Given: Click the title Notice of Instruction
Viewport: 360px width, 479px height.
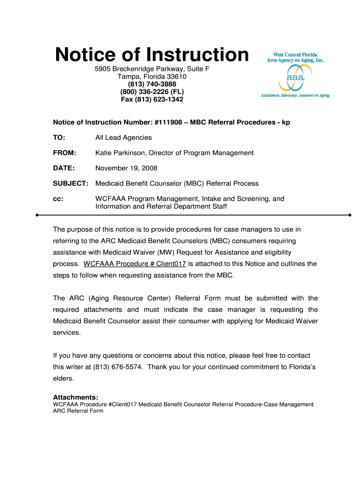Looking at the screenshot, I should [x=152, y=55].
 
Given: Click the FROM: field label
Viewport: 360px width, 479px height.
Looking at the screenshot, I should [x=65, y=153].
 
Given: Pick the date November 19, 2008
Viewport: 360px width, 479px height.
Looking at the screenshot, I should [x=126, y=168].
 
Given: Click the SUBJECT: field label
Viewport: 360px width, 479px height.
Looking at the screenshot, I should [x=71, y=183].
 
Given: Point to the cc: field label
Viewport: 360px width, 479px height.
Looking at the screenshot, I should [x=58, y=199].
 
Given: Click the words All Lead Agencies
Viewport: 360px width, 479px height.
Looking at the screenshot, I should [x=123, y=138].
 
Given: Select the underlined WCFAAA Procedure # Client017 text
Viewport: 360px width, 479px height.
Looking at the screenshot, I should [x=135, y=264].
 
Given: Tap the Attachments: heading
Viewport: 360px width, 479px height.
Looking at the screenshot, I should [x=75, y=397].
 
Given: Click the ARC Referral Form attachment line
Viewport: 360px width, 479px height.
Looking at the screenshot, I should [x=78, y=411].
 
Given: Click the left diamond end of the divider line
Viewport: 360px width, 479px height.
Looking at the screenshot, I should [x=37, y=215].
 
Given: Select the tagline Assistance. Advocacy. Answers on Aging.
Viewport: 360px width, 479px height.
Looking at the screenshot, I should [x=295, y=95].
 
